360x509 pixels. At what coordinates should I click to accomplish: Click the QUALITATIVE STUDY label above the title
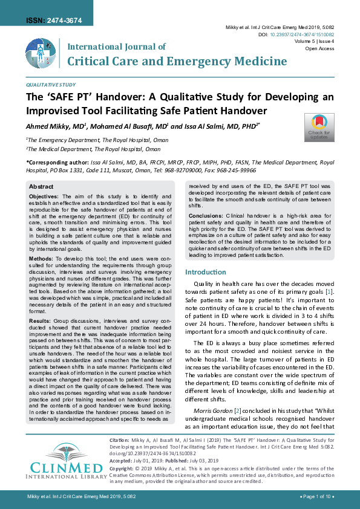51,85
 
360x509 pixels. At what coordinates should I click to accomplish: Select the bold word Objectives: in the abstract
44,197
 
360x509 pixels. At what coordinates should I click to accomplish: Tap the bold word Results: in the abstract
41,320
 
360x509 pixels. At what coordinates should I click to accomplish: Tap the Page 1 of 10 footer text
317,497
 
